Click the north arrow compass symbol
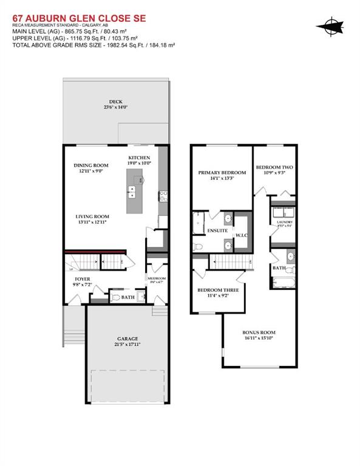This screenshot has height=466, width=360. pos(331,26)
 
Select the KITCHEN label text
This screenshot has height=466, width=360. pos(139,158)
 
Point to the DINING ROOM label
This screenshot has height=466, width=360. pos(91,166)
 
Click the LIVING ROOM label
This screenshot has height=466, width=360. pos(92,217)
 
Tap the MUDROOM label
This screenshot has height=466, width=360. pos(157,279)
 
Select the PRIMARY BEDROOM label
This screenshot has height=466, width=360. pos(220,173)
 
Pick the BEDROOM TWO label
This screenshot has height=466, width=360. pos(274,167)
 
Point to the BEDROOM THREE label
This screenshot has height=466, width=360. pos(218,291)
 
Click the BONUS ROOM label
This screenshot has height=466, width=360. pos(259,332)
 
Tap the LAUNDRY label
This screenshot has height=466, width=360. pos(285,222)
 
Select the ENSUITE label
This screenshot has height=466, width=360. pos(217,231)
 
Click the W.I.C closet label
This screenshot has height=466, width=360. pos(241,235)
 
